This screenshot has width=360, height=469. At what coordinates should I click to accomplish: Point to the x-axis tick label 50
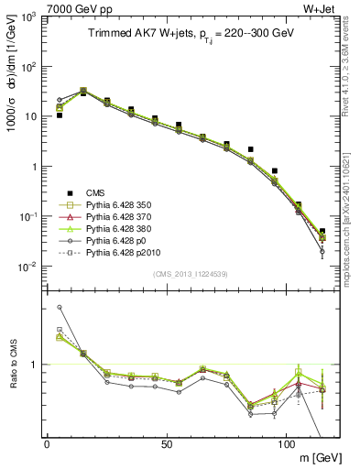166,444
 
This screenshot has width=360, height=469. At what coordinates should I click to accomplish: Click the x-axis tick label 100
286,444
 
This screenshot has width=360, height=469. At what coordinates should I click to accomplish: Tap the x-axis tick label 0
47,444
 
